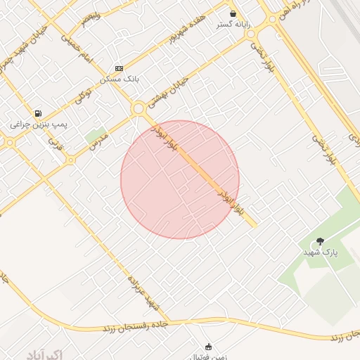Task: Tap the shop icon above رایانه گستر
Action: pyautogui.click(x=233, y=13)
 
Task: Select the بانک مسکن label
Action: pyautogui.click(x=119, y=79)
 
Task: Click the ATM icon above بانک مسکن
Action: pyautogui.click(x=119, y=68)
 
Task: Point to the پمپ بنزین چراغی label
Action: pyautogui.click(x=39, y=124)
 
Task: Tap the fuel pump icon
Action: pyautogui.click(x=38, y=112)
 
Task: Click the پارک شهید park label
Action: pyautogui.click(x=321, y=252)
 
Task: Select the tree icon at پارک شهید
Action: pyautogui.click(x=321, y=241)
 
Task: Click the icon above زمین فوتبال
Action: pyautogui.click(x=208, y=346)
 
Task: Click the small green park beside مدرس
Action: pyautogui.click(x=93, y=136)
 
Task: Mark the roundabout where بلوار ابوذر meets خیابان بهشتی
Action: pyautogui.click(x=138, y=108)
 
